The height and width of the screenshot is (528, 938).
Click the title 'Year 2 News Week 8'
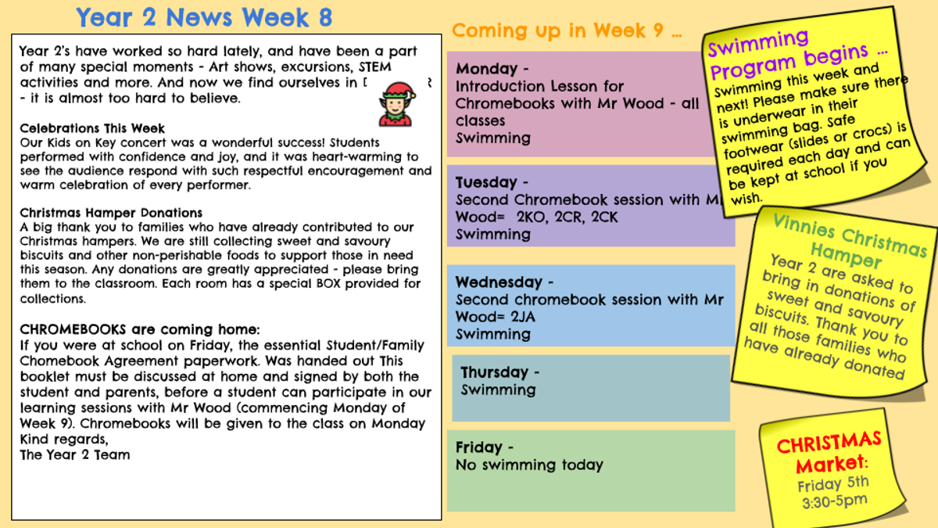tap(204, 17)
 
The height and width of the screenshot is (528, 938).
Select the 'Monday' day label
tap(486, 68)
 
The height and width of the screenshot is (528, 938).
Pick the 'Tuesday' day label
tap(486, 182)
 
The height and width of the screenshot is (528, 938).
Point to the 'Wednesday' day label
tap(499, 282)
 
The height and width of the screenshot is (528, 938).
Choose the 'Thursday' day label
tap(494, 372)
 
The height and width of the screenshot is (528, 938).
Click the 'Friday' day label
tap(478, 447)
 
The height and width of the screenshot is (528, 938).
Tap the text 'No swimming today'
tap(529, 465)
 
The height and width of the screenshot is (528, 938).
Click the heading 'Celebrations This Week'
tap(92, 128)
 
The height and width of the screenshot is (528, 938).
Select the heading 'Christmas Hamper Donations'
tap(111, 213)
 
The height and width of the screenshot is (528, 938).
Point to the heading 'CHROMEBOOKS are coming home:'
tap(139, 329)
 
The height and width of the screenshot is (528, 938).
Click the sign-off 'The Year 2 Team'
tap(75, 454)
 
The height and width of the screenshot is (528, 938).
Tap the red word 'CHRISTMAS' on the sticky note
tap(829, 443)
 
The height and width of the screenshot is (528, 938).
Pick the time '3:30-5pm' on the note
tap(835, 501)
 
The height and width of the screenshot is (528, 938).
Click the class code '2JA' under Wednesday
tap(523, 317)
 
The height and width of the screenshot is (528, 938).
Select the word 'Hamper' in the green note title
tap(846, 257)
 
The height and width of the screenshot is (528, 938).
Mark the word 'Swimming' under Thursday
tap(499, 390)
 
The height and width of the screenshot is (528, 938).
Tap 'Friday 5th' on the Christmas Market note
tap(833, 484)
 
